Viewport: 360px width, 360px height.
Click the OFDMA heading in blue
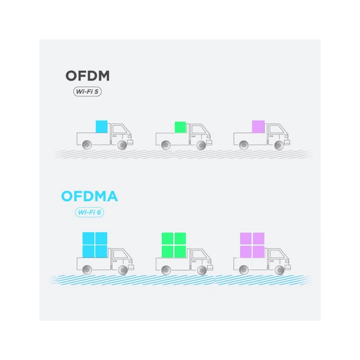(89, 198)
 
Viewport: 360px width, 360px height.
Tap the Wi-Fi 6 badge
(90, 213)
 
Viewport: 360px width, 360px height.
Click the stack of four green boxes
(173, 245)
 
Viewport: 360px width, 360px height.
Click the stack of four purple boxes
(251, 245)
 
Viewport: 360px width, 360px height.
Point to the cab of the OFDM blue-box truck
(121, 134)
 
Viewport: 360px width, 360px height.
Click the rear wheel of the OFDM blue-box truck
(87, 145)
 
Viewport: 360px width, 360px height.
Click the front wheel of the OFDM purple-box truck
(279, 145)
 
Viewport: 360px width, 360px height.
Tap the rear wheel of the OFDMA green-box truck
(166, 269)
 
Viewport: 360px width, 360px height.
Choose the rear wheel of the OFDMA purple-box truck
(245, 269)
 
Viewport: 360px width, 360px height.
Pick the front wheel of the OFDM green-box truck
(201, 145)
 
